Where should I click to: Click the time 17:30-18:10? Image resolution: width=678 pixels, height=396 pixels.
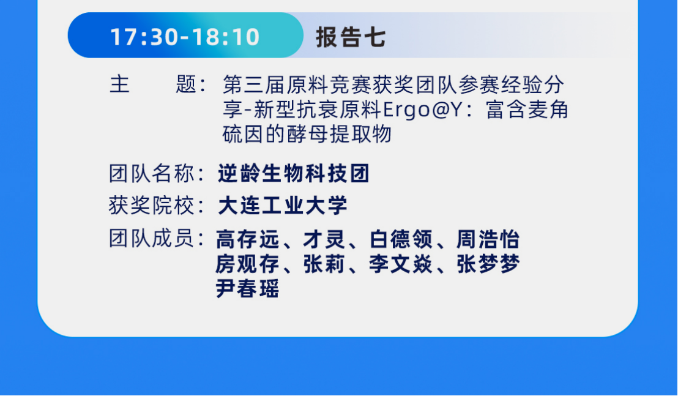click(185, 37)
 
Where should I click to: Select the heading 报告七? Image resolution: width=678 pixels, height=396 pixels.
click(351, 37)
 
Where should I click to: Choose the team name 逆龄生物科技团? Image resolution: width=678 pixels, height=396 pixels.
click(294, 174)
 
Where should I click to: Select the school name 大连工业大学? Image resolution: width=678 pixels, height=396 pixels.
click(283, 206)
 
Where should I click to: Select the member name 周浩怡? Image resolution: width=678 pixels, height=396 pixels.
click(488, 239)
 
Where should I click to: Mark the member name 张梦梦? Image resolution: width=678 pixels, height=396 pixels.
click(488, 264)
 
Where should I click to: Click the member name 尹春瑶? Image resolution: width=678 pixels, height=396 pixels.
click(247, 289)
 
